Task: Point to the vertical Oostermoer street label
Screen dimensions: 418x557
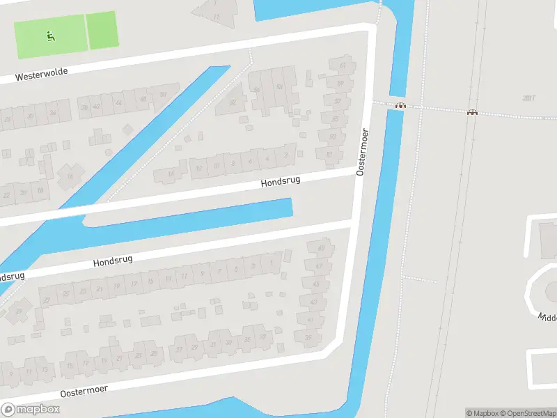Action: [x=361, y=151]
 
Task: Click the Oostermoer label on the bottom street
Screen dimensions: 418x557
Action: [x=84, y=392]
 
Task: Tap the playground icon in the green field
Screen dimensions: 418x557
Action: [x=50, y=36]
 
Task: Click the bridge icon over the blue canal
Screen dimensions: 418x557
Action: [x=400, y=106]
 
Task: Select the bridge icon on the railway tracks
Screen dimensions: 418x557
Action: [x=472, y=112]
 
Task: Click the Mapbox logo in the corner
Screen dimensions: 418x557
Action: [x=30, y=409]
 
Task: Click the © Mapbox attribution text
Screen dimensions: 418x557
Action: [x=482, y=413]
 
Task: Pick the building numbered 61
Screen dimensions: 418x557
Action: [x=343, y=65]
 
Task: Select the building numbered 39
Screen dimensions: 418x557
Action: [x=309, y=337]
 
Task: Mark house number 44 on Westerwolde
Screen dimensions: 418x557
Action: [x=118, y=102]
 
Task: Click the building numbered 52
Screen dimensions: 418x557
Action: [x=233, y=102]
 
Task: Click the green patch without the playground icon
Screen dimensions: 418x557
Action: [x=102, y=30]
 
